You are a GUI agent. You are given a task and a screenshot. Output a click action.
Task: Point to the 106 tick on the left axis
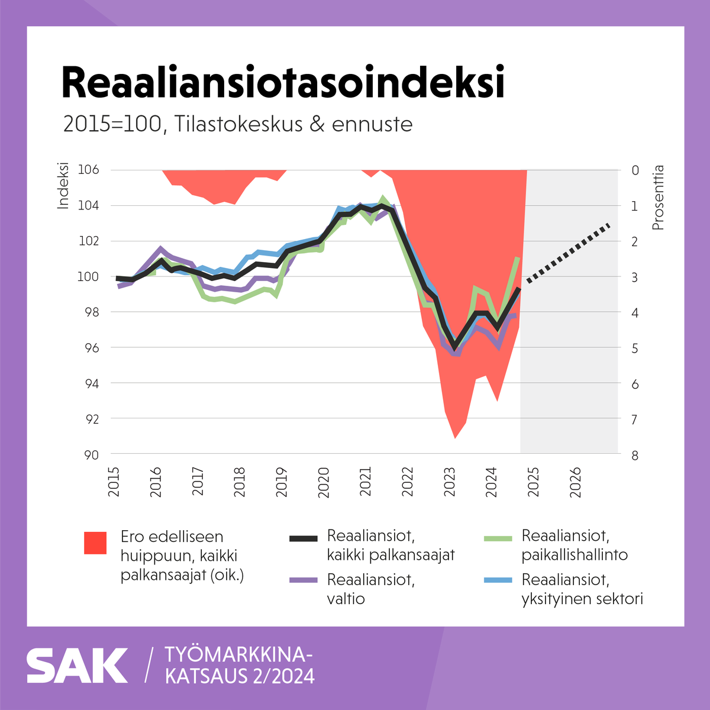pyautogui.click(x=89, y=170)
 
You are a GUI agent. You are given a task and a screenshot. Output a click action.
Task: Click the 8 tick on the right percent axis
pyautogui.click(x=635, y=455)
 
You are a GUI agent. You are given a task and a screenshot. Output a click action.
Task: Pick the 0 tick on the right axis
pyautogui.click(x=635, y=170)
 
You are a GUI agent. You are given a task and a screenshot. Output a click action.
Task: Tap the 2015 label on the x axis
pyautogui.click(x=114, y=482)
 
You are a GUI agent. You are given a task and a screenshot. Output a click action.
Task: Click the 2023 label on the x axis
pyautogui.click(x=450, y=482)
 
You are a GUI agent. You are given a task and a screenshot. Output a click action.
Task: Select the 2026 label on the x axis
pyautogui.click(x=575, y=482)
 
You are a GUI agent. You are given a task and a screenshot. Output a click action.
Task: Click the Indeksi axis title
pyautogui.click(x=63, y=185)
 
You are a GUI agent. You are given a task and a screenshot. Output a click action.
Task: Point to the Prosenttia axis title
pyautogui.click(x=658, y=198)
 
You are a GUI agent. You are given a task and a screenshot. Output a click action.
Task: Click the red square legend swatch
pyautogui.click(x=95, y=543)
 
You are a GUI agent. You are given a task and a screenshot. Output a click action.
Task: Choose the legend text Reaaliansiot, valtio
pyautogui.click(x=370, y=589)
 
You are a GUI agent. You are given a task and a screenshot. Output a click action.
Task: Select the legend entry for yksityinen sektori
pyautogui.click(x=582, y=589)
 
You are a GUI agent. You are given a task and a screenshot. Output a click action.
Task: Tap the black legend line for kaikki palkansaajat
pyautogui.click(x=304, y=538)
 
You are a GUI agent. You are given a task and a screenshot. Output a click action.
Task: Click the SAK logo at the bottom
pyautogui.click(x=77, y=666)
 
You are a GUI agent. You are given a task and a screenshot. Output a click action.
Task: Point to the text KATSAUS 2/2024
pyautogui.click(x=240, y=676)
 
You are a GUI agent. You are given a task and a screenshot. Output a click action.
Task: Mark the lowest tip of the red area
pyautogui.click(x=455, y=438)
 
